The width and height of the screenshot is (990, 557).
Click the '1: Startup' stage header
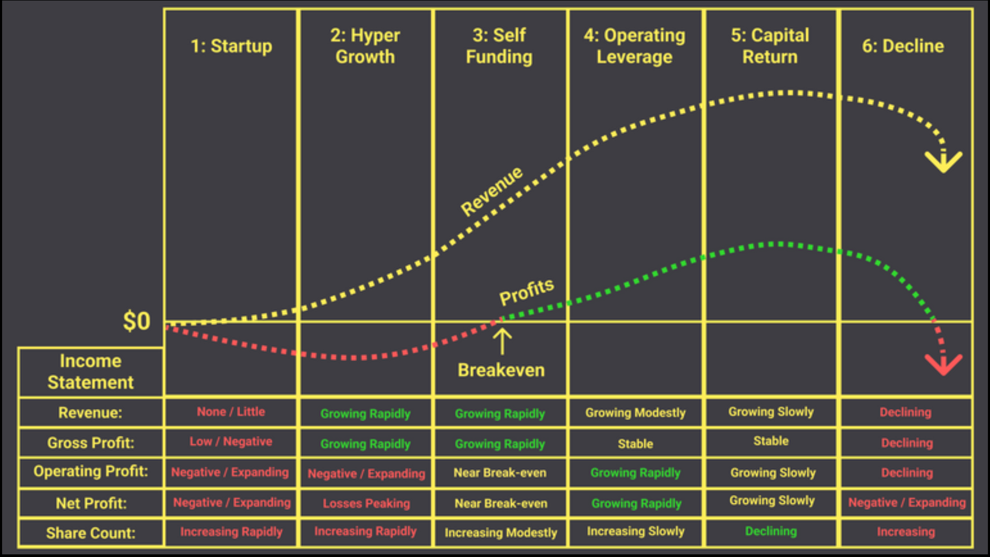pos(231,46)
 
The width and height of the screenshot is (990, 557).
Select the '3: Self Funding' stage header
pos(499,46)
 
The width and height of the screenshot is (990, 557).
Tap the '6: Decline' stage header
pos(903,46)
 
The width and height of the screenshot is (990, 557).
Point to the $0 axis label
pos(136,321)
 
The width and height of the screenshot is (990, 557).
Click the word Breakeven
pos(501,370)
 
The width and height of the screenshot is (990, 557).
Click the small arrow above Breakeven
pos(502,342)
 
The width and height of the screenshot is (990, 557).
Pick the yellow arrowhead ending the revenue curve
pos(944,161)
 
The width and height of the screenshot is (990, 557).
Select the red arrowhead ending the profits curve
pos(944,364)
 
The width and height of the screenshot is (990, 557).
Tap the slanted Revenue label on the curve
pos(492,191)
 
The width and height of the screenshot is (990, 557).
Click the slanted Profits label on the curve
pos(527,291)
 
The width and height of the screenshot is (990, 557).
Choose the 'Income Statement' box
pos(91,372)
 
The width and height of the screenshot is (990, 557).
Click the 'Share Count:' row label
pos(91,533)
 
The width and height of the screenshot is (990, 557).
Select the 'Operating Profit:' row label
pos(91,471)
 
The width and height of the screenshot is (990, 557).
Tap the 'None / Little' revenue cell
pos(231,412)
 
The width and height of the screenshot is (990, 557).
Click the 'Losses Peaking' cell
pos(366,503)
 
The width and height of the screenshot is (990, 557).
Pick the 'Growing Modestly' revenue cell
pos(636,413)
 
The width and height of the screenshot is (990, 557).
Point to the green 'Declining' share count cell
pos(771,531)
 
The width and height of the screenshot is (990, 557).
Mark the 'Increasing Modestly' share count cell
pos(501,533)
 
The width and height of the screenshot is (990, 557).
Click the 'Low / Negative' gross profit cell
pos(231,441)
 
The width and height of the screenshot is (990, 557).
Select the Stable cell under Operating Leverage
pos(636,444)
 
